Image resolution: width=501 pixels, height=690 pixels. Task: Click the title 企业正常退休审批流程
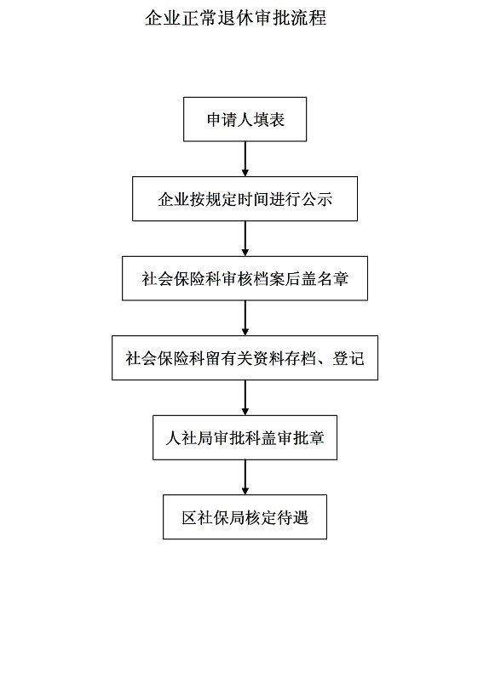pyautogui.click(x=236, y=18)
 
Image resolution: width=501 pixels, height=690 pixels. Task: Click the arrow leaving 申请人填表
pyautogui.click(x=245, y=159)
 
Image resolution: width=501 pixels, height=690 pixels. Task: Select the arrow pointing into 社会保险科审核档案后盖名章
pyautogui.click(x=245, y=238)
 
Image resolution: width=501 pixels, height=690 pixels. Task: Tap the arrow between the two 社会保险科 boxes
pyautogui.click(x=245, y=318)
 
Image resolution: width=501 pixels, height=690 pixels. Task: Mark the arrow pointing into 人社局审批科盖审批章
pyautogui.click(x=245, y=398)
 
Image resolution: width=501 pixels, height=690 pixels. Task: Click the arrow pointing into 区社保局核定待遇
pyautogui.click(x=245, y=477)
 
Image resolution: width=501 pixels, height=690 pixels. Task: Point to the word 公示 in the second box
pyautogui.click(x=317, y=199)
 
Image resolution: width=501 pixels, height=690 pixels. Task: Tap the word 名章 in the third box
pyautogui.click(x=332, y=279)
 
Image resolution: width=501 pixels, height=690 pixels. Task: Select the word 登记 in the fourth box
pyautogui.click(x=348, y=359)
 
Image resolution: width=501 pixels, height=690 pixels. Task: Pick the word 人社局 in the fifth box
pyautogui.click(x=189, y=438)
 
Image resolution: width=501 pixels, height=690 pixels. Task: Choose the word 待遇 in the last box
pyautogui.click(x=292, y=518)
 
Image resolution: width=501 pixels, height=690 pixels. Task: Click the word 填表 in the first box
pyautogui.click(x=268, y=120)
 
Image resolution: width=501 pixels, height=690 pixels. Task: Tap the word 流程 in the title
pyautogui.click(x=308, y=18)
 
